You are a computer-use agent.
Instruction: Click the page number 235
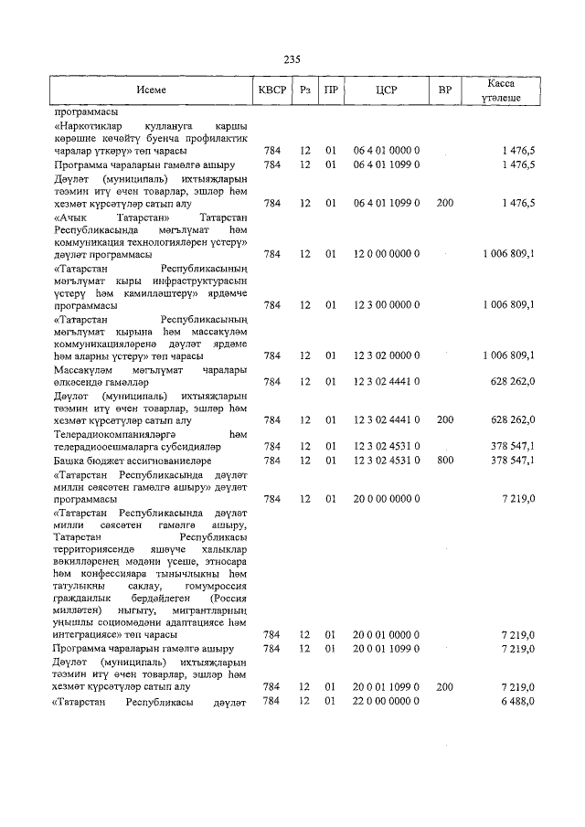point(292,59)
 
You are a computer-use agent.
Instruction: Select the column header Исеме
point(152,90)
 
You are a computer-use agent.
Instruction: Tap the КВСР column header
point(272,90)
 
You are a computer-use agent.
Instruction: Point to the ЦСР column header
point(386,90)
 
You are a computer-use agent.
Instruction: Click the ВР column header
point(445,90)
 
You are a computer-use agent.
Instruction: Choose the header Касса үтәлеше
point(501,90)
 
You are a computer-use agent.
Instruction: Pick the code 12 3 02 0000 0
point(386,355)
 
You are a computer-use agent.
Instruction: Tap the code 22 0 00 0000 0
point(386,701)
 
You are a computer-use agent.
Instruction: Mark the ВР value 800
point(445,461)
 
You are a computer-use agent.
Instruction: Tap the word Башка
point(70,461)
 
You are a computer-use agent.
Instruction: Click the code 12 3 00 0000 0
point(386,305)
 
